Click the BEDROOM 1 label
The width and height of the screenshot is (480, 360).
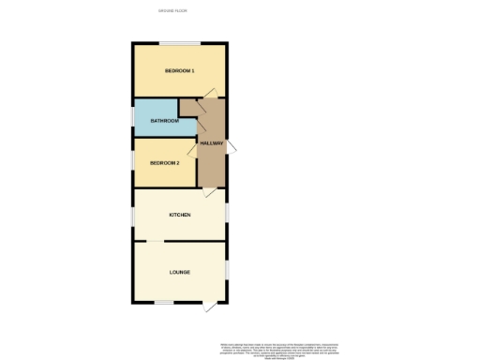click(179, 71)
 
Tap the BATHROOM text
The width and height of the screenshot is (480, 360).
click(165, 121)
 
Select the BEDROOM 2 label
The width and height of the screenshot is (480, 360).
click(164, 163)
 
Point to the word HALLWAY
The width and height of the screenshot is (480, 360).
click(211, 142)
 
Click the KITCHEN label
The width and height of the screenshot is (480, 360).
click(179, 215)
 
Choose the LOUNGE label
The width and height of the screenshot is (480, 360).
click(180, 272)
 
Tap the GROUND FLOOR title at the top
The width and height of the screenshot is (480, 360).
click(174, 10)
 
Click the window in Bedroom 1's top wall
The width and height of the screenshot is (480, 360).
click(178, 42)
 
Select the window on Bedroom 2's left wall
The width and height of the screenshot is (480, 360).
click(133, 159)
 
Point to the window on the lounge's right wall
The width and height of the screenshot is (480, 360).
click(227, 271)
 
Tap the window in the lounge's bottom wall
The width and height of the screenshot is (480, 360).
click(163, 301)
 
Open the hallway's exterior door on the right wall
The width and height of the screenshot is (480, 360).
click(232, 142)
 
